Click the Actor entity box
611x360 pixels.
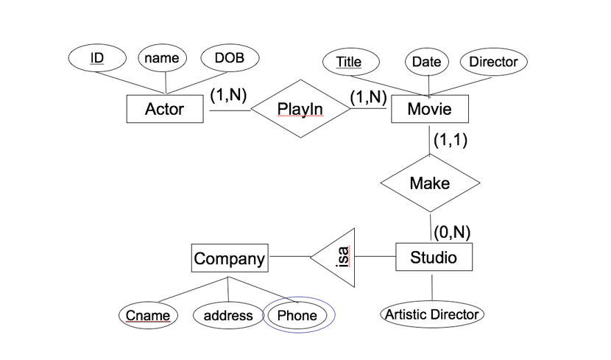click(164, 110)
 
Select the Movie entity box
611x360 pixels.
click(429, 110)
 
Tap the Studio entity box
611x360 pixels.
click(433, 258)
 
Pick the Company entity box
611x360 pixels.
click(229, 258)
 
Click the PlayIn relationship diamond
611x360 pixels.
click(300, 109)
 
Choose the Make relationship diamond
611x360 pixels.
click(429, 183)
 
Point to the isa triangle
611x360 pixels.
click(339, 258)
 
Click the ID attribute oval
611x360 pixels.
click(96, 58)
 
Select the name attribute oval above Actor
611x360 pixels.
click(163, 58)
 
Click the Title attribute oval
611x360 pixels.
click(348, 62)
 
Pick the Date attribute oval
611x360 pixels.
click(426, 62)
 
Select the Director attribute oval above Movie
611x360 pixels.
click(493, 62)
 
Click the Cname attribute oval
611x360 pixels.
click(148, 316)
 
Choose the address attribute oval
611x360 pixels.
click(227, 316)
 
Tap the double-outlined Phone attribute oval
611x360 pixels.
click(298, 316)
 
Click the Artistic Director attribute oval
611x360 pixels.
click(432, 314)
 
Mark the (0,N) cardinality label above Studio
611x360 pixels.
click(451, 233)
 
